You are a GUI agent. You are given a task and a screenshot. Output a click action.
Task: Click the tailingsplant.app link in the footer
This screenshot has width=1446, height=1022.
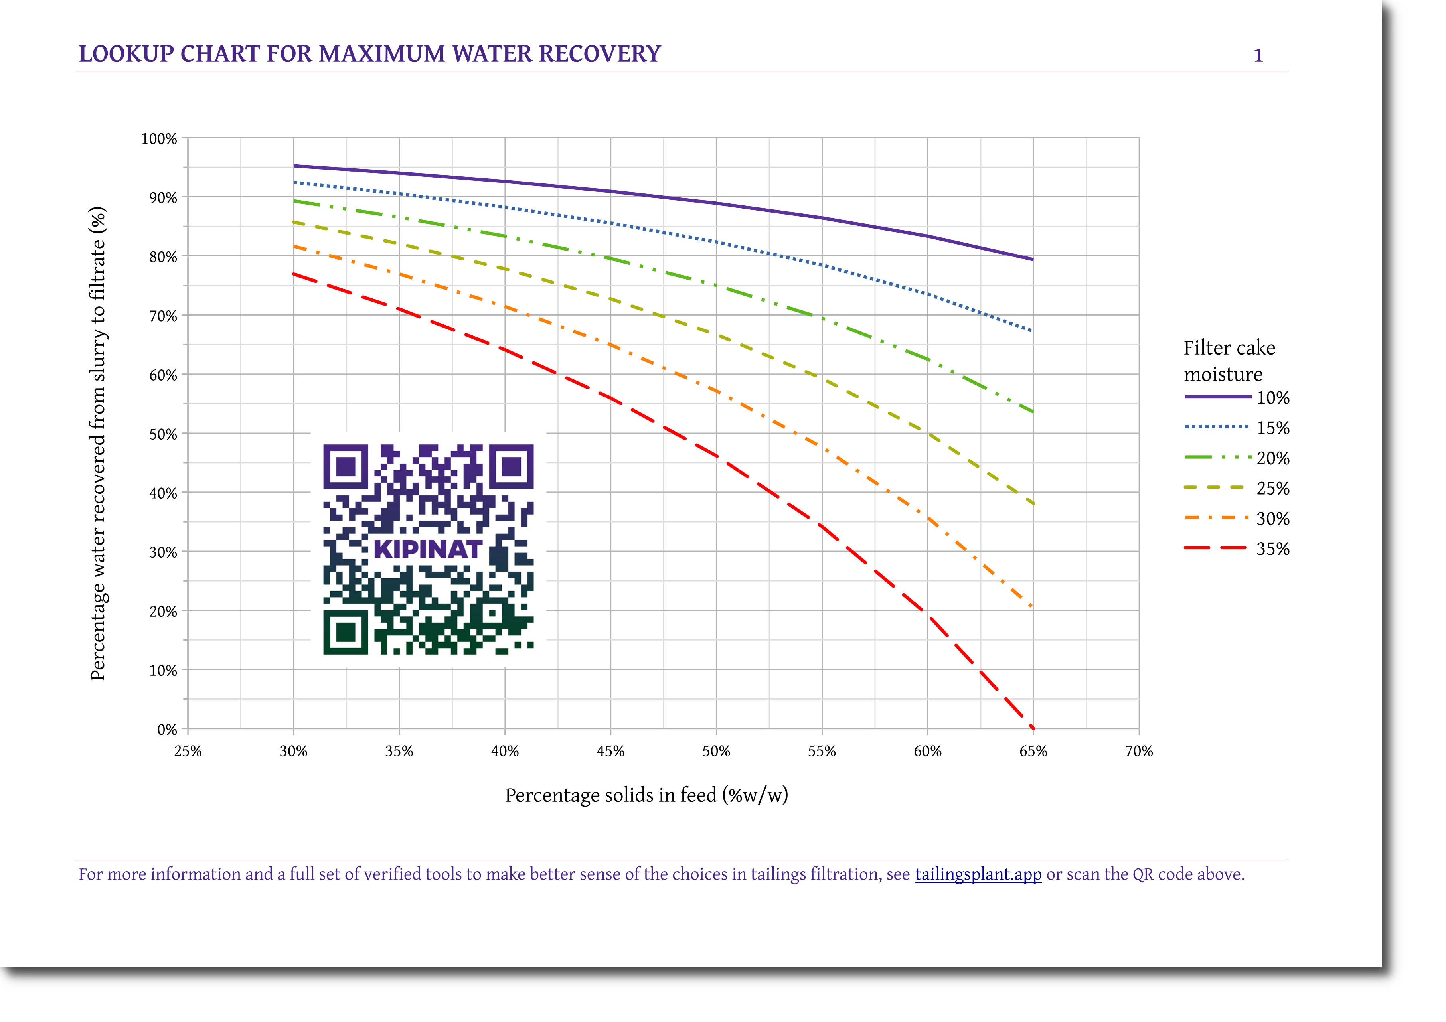pyautogui.click(x=978, y=875)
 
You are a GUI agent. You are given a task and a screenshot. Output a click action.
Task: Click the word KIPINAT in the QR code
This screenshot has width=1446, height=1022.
pyautogui.click(x=428, y=549)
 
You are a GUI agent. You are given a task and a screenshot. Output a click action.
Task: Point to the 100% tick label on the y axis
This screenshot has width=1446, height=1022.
pyautogui.click(x=159, y=138)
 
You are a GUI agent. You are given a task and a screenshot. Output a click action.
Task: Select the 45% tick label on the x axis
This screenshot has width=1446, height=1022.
pyautogui.click(x=610, y=751)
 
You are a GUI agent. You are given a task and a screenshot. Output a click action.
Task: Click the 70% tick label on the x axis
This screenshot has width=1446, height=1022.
pyautogui.click(x=1139, y=751)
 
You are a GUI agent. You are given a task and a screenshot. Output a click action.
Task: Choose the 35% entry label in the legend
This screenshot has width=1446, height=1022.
pyautogui.click(x=1273, y=549)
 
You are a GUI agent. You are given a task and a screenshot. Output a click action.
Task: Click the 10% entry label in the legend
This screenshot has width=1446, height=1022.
pyautogui.click(x=1273, y=398)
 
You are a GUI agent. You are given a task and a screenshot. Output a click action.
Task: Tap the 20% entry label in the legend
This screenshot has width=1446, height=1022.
pyautogui.click(x=1273, y=458)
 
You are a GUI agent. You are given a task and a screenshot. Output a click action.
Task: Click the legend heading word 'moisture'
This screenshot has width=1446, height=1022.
pyautogui.click(x=1223, y=375)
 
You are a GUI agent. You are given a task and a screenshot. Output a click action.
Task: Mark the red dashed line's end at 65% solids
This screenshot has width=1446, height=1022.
pyautogui.click(x=1033, y=728)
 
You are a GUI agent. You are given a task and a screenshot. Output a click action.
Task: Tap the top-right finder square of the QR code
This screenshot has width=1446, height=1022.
pyautogui.click(x=512, y=467)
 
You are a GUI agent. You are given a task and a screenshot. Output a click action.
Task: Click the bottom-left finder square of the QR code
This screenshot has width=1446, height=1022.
pyautogui.click(x=345, y=632)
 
